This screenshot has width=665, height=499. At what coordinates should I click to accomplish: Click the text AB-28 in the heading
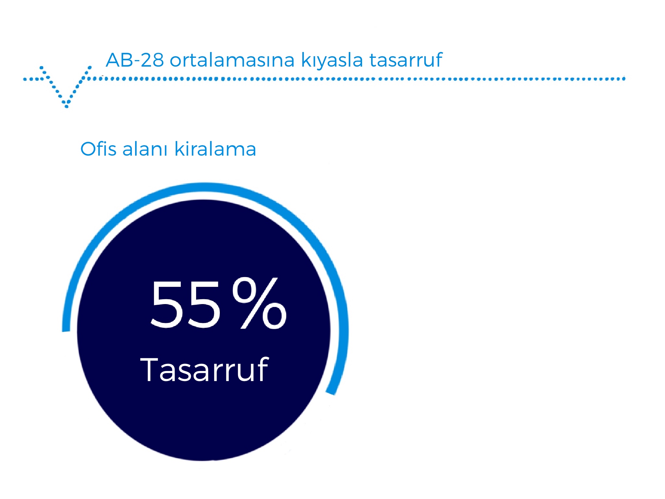pyautogui.click(x=135, y=60)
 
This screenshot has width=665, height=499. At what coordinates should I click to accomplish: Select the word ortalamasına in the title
pyautogui.click(x=232, y=60)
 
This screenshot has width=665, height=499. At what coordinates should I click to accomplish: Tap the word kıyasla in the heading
pyautogui.click(x=332, y=60)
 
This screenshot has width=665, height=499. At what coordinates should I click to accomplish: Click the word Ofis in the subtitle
pyautogui.click(x=99, y=149)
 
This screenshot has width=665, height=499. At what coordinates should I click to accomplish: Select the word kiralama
pyautogui.click(x=215, y=149)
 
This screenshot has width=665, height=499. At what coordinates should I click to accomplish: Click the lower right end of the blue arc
pyautogui.click(x=331, y=392)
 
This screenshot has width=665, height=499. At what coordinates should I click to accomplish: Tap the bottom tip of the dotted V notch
pyautogui.click(x=67, y=106)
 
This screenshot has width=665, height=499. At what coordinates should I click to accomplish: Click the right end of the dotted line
pyautogui.click(x=624, y=79)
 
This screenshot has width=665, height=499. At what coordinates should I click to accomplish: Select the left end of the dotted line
pyautogui.click(x=25, y=79)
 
